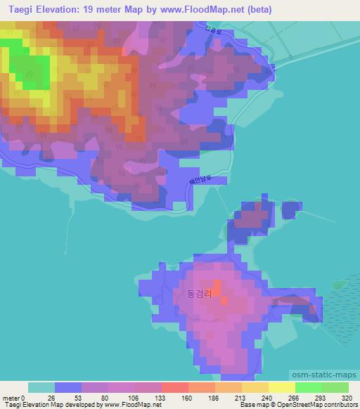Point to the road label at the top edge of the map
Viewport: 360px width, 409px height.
(212, 31)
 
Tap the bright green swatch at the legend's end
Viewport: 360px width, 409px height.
(335, 387)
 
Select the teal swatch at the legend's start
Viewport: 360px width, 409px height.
(41, 387)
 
